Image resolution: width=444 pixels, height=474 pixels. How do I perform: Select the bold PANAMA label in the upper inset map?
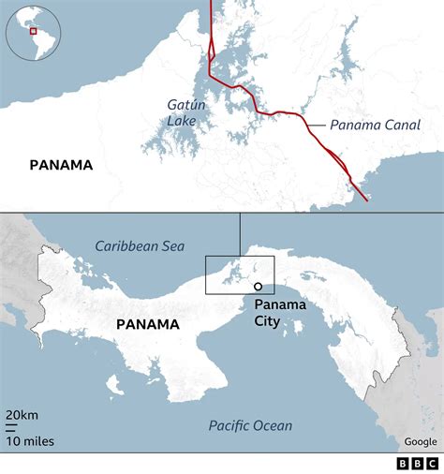61,165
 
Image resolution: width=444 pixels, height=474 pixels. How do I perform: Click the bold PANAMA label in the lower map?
147,324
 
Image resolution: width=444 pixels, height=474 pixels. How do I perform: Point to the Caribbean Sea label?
139,245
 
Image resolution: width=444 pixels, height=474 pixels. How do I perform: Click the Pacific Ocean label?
250,425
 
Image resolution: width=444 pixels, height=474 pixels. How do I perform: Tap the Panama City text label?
274,312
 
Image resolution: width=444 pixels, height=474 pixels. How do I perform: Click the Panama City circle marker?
258,287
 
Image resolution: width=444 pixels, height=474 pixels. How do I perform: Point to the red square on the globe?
33,31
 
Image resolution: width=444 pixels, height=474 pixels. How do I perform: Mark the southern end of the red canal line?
365,199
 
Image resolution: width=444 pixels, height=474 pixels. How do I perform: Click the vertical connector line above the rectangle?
240,234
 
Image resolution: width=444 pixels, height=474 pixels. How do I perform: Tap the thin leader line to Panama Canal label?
314,125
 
